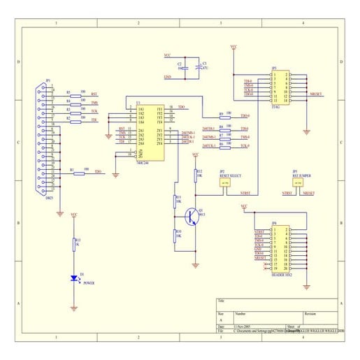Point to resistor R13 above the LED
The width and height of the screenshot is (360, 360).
tap(75, 244)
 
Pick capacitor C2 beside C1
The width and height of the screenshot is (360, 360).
tap(184, 66)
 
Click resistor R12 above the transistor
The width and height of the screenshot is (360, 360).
tap(195, 174)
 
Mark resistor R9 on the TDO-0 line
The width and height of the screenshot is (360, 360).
tap(227, 116)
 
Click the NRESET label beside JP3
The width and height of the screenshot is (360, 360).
tap(315, 93)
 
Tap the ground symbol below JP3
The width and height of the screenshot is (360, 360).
tap(307, 129)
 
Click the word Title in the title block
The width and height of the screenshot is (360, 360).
tap(222, 301)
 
